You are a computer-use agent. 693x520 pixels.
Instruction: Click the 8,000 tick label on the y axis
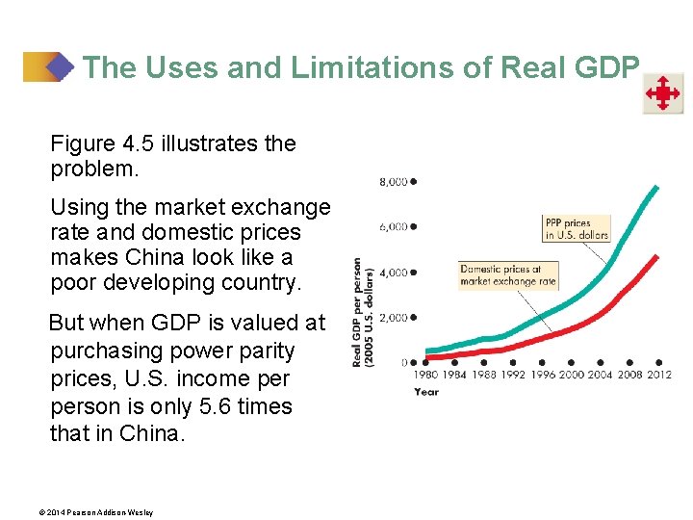coord(394,181)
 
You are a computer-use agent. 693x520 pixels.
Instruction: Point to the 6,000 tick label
coord(394,227)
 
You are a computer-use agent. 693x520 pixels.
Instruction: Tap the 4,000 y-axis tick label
coord(394,273)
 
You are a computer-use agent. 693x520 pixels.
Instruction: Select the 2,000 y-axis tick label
coord(394,318)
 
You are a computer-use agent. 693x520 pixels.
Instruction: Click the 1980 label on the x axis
coord(426,375)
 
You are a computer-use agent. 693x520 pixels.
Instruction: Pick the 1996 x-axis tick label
coord(543,375)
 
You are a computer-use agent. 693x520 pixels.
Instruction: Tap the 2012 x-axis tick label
coord(659,375)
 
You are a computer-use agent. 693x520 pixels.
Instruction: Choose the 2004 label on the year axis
coord(602,375)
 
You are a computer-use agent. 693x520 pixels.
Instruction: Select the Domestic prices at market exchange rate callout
coord(508,275)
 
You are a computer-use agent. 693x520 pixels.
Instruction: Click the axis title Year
coord(426,392)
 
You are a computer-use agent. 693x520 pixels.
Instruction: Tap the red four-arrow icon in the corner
coord(663,94)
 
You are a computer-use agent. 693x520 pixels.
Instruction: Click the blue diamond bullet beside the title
coord(60,67)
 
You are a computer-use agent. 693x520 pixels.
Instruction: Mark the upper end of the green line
coord(657,187)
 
